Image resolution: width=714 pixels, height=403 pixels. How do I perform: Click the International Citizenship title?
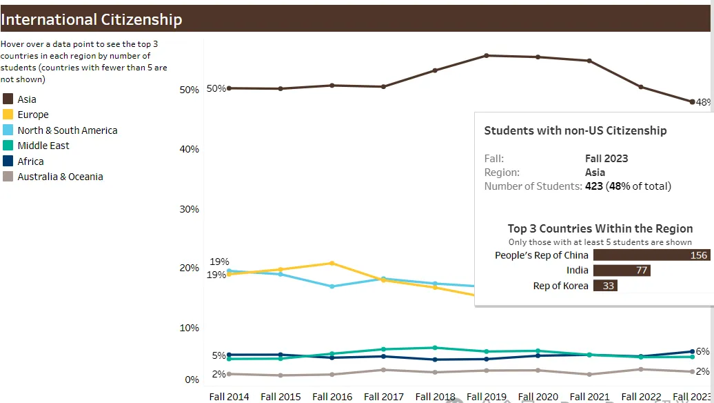pyautogui.click(x=92, y=19)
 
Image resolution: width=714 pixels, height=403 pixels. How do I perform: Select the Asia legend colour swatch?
pyautogui.click(x=8, y=99)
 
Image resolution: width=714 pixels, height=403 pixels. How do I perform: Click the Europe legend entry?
pyautogui.click(x=33, y=115)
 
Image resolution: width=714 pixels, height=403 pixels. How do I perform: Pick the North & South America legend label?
pyautogui.click(x=68, y=130)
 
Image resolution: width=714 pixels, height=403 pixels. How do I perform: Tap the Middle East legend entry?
pyautogui.click(x=43, y=146)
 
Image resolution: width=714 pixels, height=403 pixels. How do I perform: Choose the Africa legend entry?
pyautogui.click(x=30, y=161)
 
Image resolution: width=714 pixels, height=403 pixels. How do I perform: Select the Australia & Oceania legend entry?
pyautogui.click(x=60, y=177)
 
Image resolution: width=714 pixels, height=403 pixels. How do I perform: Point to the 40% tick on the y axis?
pyautogui.click(x=189, y=149)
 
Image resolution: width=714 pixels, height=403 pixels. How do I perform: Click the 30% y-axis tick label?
pyautogui.click(x=189, y=209)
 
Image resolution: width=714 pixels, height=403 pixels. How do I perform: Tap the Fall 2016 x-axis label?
pyautogui.click(x=332, y=397)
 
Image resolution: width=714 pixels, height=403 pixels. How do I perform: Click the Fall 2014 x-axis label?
pyautogui.click(x=229, y=397)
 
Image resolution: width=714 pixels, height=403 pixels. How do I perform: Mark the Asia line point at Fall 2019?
pyautogui.click(x=487, y=55)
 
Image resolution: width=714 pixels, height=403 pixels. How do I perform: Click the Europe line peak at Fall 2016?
pyautogui.click(x=332, y=263)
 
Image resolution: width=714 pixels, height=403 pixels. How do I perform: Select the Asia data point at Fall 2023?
pyautogui.click(x=692, y=101)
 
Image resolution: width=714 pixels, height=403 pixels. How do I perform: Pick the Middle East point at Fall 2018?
pyautogui.click(x=435, y=348)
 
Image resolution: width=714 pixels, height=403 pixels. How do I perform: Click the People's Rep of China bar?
pyautogui.click(x=651, y=255)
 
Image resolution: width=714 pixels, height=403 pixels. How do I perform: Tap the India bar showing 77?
pyautogui.click(x=622, y=271)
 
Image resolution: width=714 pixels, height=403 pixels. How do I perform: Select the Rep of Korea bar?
pyautogui.click(x=605, y=286)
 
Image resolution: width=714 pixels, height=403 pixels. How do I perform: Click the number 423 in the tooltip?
pyautogui.click(x=594, y=186)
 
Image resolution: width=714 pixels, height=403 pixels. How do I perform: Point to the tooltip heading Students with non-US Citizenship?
pyautogui.click(x=575, y=130)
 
